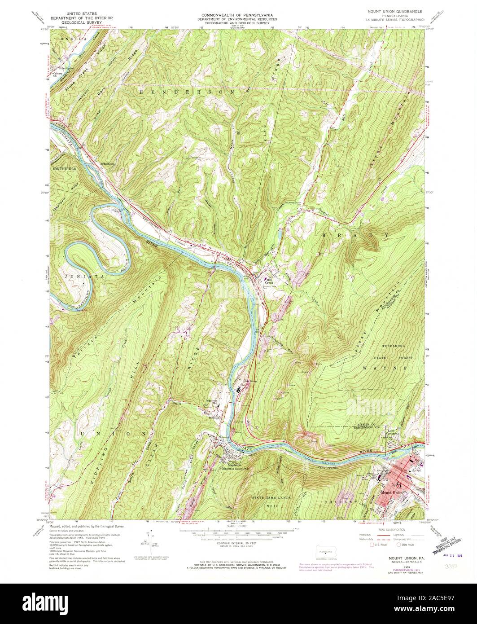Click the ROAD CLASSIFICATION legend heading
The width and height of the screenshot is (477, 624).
point(388,530)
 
